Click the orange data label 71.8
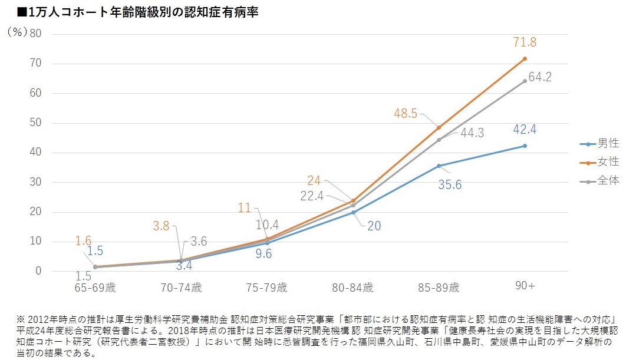coord(524,42)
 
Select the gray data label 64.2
coord(539,77)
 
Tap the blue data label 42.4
coord(524,130)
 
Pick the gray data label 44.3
coord(472,133)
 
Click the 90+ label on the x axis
coord(524,286)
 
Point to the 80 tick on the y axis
coord(35,33)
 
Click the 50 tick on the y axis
coord(35,123)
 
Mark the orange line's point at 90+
coord(524,58)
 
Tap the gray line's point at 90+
coord(524,81)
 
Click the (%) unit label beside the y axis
coord(18,33)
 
